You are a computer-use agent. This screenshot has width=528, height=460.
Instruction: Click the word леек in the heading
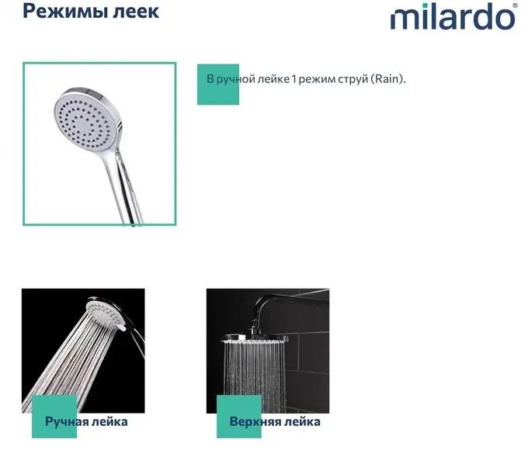pyautogui.click(x=136, y=12)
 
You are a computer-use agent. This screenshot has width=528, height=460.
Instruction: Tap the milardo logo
pyautogui.click(x=453, y=16)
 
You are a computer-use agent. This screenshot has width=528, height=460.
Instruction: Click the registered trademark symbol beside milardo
pyautogui.click(x=516, y=5)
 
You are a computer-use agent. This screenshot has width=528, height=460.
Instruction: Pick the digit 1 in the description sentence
pyautogui.click(x=294, y=79)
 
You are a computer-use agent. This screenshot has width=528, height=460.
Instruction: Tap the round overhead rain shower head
pyautogui.click(x=255, y=338)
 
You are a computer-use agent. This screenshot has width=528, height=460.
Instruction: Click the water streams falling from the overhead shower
pyautogui.click(x=254, y=377)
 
